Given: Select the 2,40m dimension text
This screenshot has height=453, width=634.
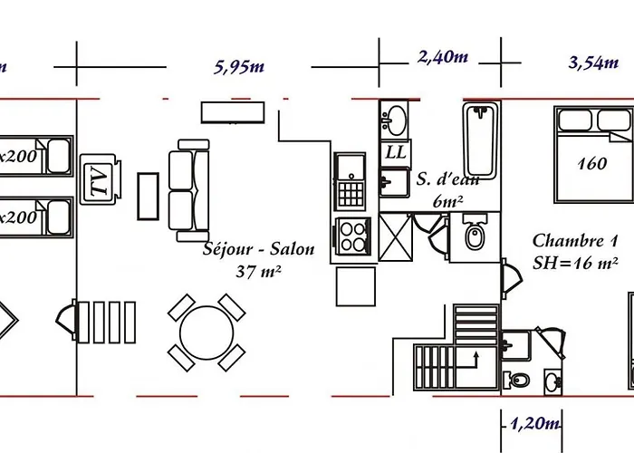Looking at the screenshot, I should click(442, 57).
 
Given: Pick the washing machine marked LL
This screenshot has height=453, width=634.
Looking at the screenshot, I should click(396, 151).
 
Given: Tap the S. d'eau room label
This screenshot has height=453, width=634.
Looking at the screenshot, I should click(447, 179).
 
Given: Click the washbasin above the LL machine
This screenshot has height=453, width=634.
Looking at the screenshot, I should click(396, 118).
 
